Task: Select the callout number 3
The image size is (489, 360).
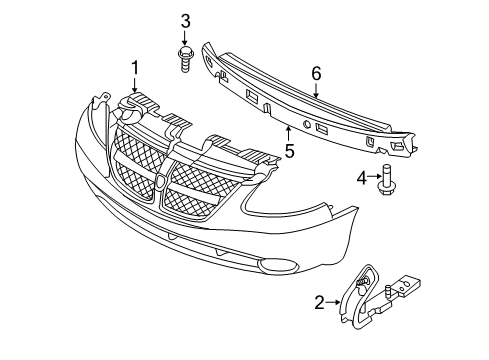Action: point(185,21)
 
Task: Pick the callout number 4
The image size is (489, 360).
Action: point(361,178)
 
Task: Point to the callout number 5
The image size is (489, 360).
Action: point(288,152)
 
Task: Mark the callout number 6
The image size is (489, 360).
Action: point(316,73)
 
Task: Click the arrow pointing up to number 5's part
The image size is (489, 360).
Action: point(288,134)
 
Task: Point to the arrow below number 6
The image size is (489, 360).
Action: point(316,93)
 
